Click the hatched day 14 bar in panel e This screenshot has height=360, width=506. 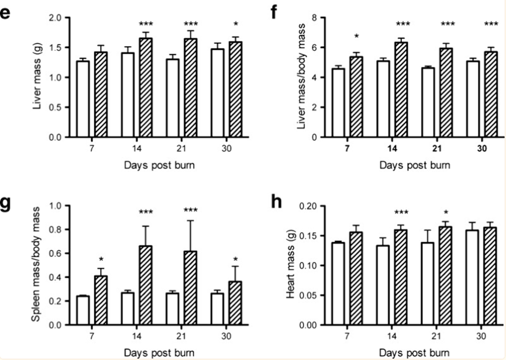coord(146,88)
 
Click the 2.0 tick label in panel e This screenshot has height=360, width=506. coord(54,18)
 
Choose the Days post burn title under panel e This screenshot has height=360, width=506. coord(160,165)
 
